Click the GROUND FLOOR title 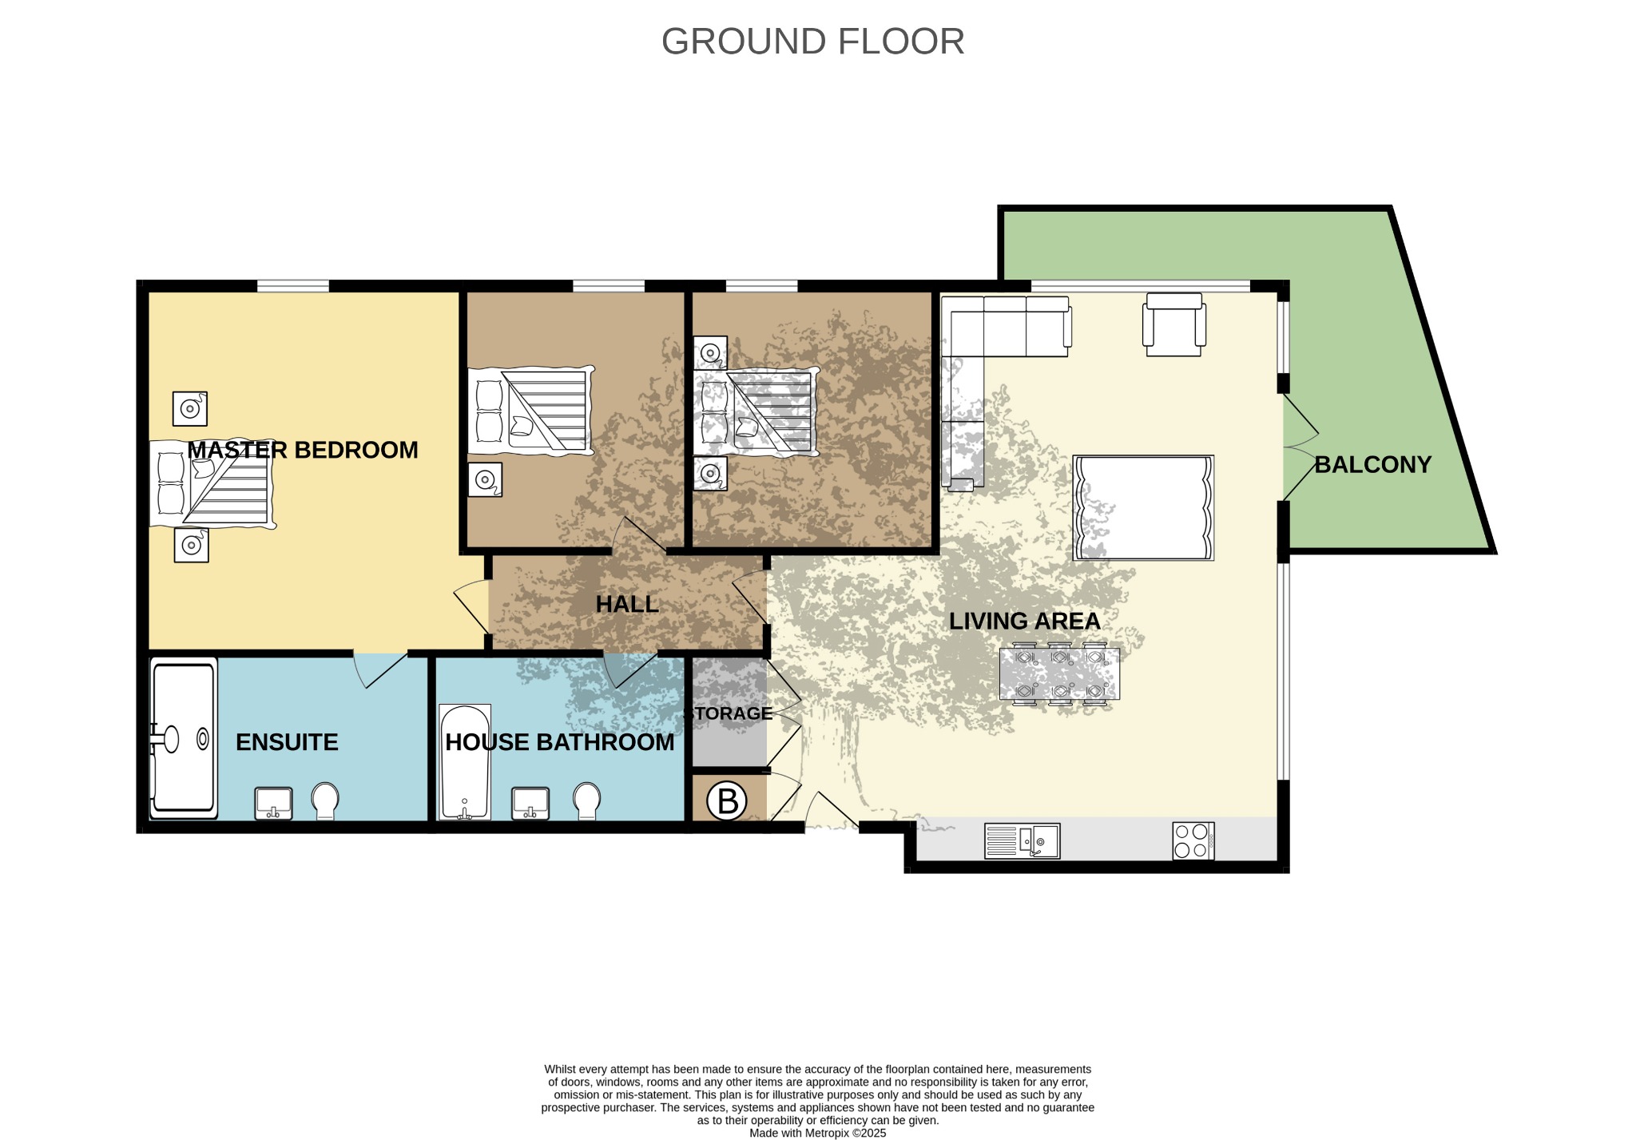[812, 42]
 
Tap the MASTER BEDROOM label [303, 450]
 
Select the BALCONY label [1372, 464]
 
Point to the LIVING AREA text [1024, 621]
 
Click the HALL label [627, 604]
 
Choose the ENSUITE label [287, 742]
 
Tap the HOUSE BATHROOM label [559, 742]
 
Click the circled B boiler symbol [727, 800]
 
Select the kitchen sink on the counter [1022, 841]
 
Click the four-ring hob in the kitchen [1193, 841]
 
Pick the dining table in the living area [1059, 674]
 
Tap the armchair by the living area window [1173, 324]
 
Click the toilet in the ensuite [325, 800]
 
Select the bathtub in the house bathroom [465, 762]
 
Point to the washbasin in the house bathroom [530, 803]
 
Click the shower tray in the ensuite [184, 738]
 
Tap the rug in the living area [1143, 508]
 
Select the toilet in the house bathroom [587, 800]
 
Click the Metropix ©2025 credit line [818, 1133]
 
